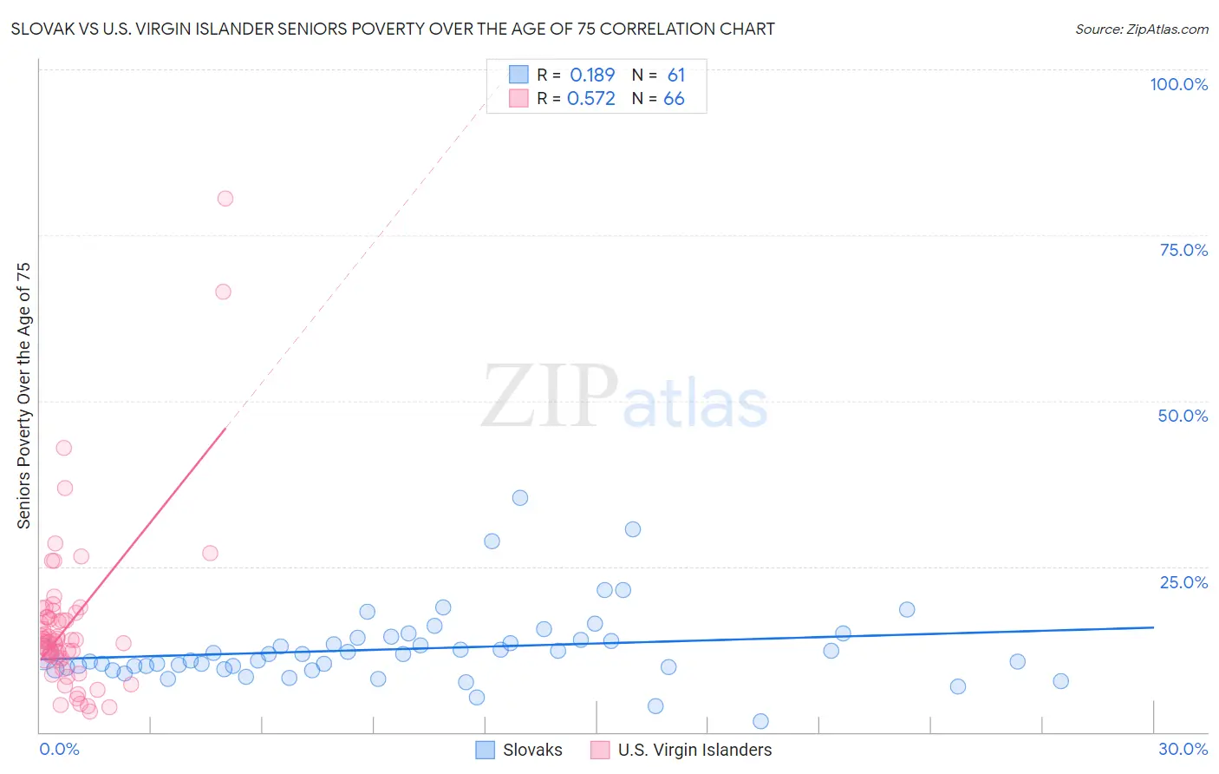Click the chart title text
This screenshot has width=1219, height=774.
[393, 29]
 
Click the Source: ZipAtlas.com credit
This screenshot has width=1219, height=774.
[1141, 29]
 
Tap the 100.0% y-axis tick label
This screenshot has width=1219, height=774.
[1178, 84]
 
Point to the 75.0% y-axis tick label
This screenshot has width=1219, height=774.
[1183, 250]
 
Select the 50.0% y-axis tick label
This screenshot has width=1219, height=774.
[1183, 416]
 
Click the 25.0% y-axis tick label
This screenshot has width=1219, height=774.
[1183, 582]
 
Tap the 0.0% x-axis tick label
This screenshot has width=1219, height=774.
[59, 749]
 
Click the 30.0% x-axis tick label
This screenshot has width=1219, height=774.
[1183, 749]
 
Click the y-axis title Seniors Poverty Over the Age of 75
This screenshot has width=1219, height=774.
[24, 396]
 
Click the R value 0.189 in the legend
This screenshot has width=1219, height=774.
[592, 75]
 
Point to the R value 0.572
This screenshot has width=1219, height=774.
[590, 99]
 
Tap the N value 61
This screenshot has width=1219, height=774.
[675, 75]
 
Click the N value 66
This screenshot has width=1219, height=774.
[674, 99]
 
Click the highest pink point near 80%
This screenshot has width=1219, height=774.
[225, 198]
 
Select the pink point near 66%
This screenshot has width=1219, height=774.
[223, 292]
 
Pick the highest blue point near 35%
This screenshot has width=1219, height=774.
[520, 498]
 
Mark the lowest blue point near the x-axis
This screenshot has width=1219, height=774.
[760, 721]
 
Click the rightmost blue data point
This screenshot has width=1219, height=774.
[1060, 681]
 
